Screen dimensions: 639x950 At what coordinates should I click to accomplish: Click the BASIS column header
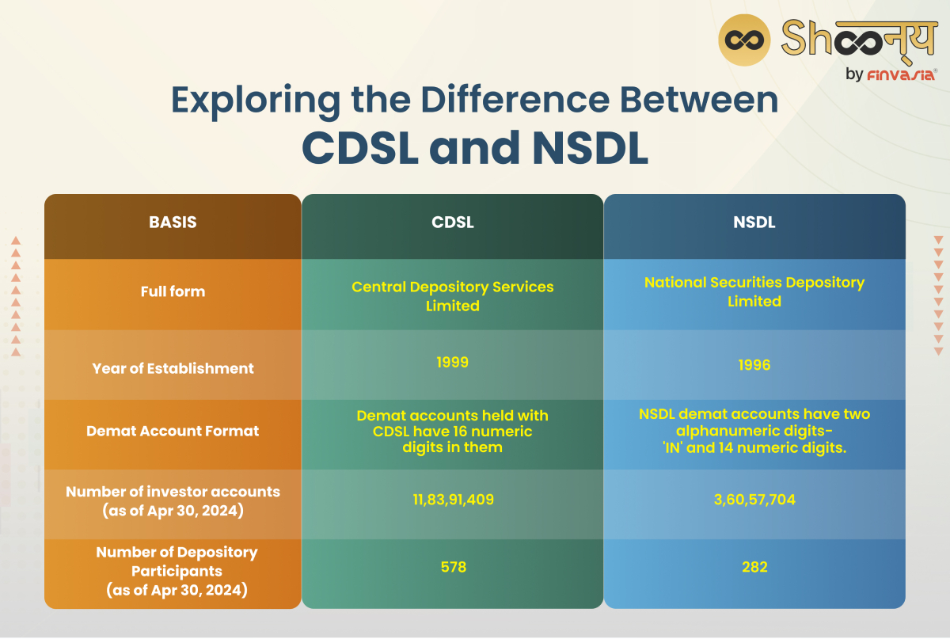pyautogui.click(x=173, y=223)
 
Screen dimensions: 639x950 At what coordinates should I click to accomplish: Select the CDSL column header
pyautogui.click(x=452, y=223)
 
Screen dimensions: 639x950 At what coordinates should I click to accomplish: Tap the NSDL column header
pyautogui.click(x=754, y=223)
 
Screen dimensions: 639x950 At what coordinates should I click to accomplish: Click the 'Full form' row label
pyautogui.click(x=173, y=291)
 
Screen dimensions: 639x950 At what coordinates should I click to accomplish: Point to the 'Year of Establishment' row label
pyautogui.click(x=173, y=368)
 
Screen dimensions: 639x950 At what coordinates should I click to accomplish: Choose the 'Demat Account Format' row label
pyautogui.click(x=173, y=432)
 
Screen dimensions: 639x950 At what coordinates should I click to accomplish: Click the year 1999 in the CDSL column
pyautogui.click(x=452, y=363)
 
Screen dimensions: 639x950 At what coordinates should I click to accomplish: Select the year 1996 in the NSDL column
pyautogui.click(x=754, y=365)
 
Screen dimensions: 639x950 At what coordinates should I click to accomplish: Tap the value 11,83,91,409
pyautogui.click(x=452, y=500)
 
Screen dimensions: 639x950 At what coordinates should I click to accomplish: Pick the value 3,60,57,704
pyautogui.click(x=754, y=500)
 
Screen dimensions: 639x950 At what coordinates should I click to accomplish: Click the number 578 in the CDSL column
pyautogui.click(x=452, y=568)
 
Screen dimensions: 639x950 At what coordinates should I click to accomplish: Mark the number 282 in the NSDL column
pyautogui.click(x=754, y=568)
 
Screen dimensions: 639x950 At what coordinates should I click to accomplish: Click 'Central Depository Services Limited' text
pyautogui.click(x=452, y=295)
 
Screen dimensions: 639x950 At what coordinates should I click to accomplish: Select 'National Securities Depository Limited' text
pyautogui.click(x=754, y=291)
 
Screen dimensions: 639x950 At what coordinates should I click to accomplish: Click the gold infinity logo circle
pyautogui.click(x=744, y=39)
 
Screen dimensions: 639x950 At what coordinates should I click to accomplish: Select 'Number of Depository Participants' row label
pyautogui.click(x=177, y=571)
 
